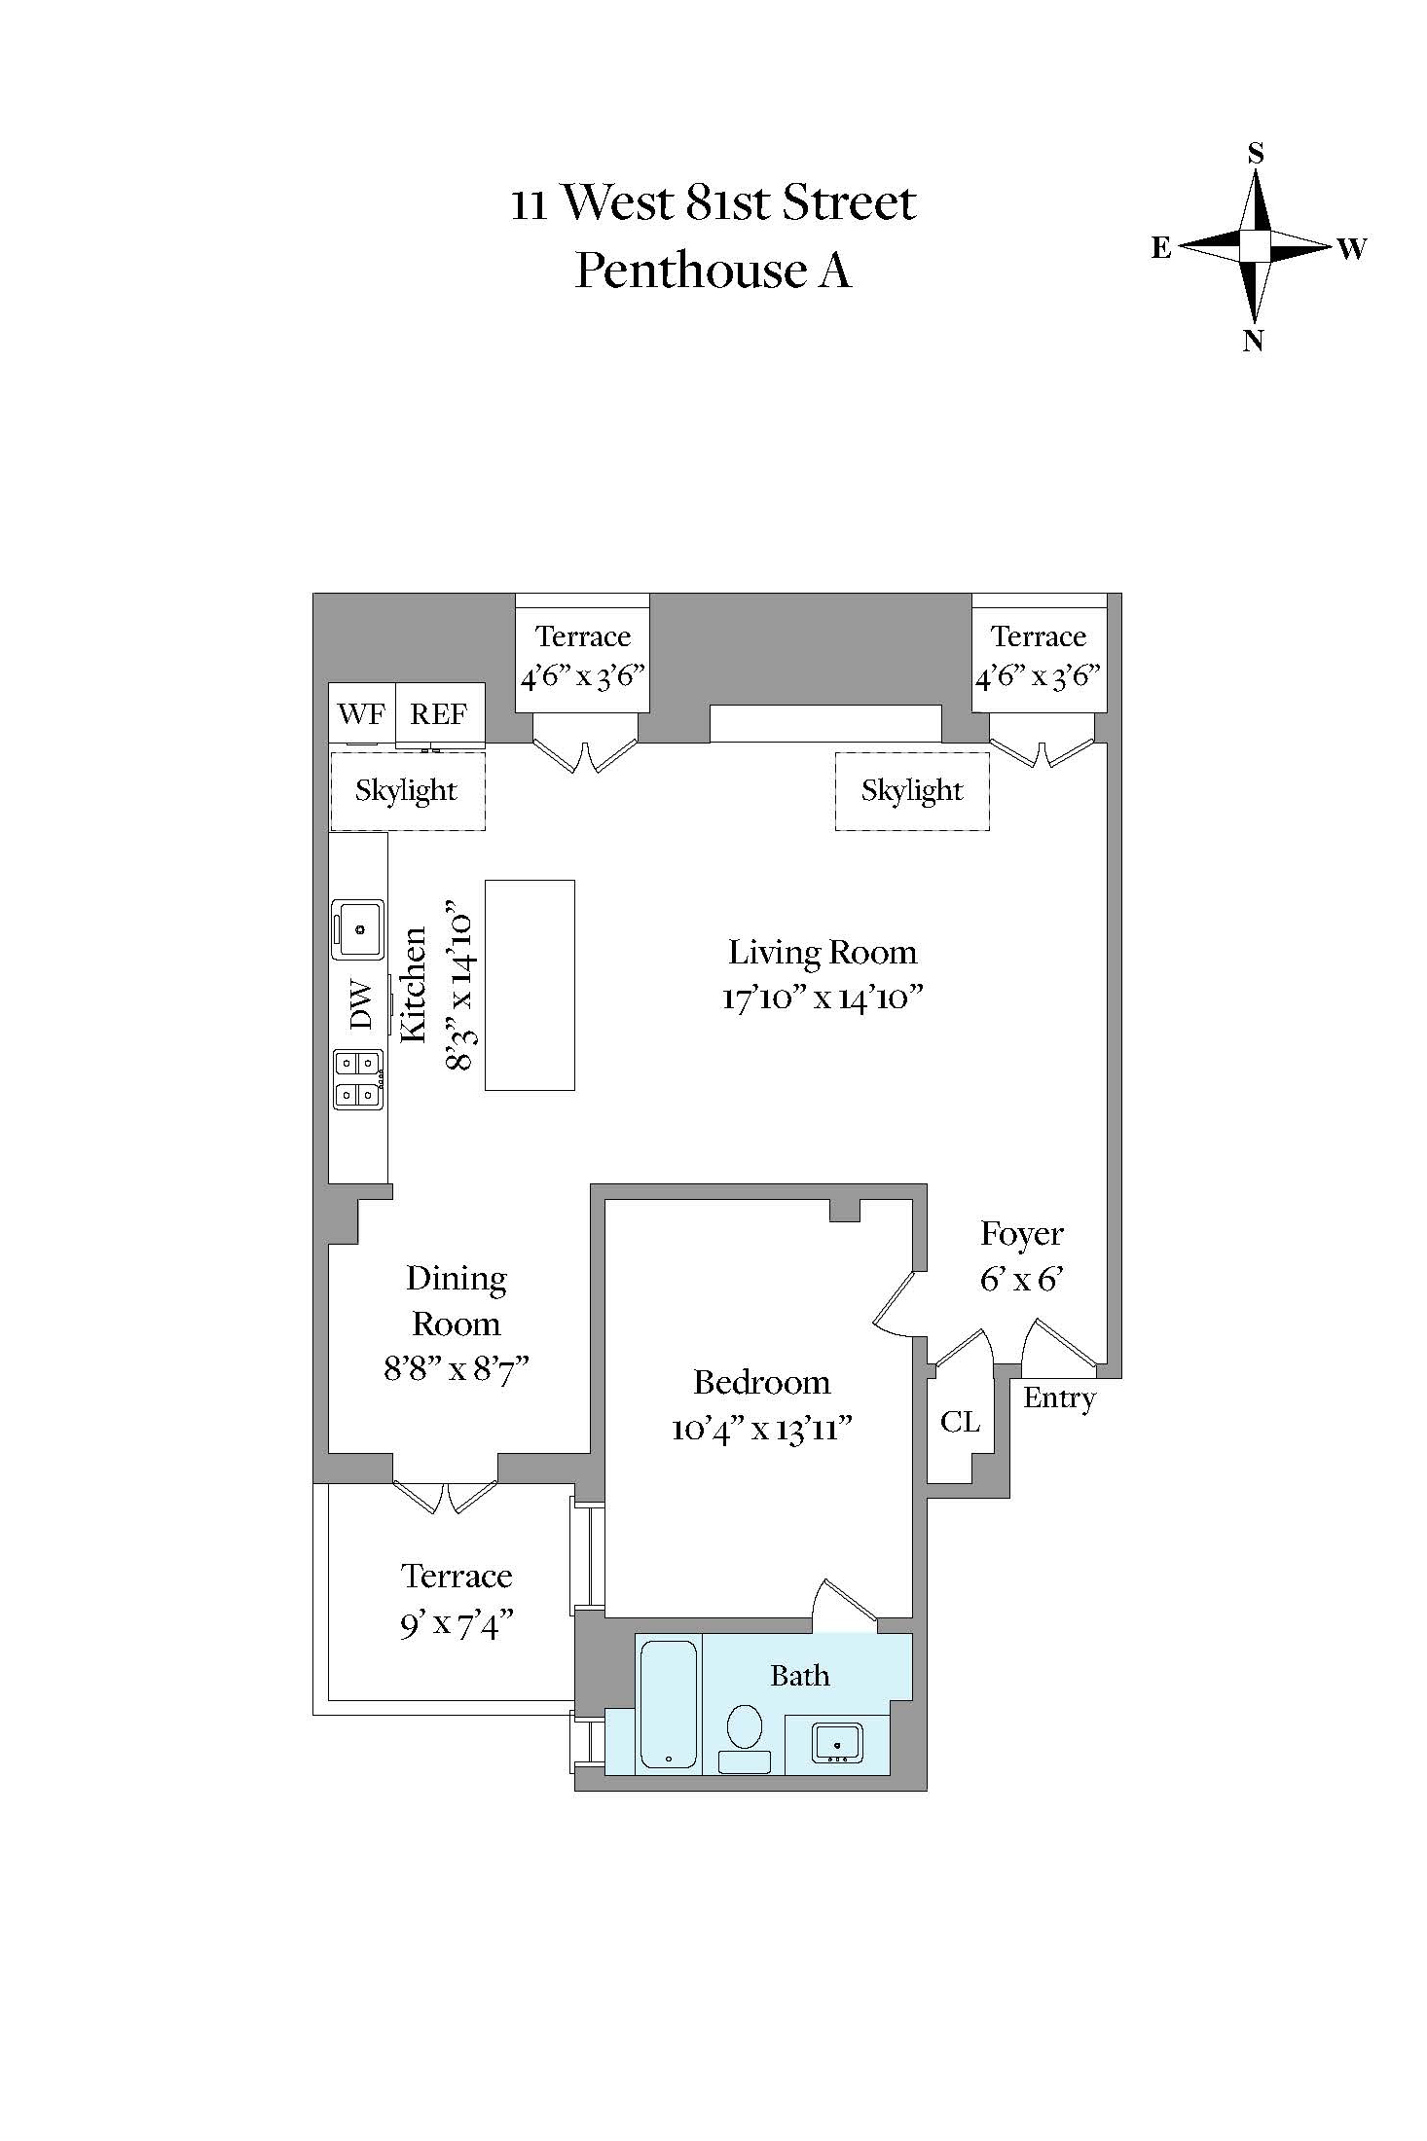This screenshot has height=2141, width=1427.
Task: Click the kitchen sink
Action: click(357, 929)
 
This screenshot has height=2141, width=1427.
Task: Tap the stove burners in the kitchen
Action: click(357, 1079)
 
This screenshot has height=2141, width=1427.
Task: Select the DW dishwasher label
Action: click(360, 1004)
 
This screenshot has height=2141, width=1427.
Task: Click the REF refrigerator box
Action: click(439, 714)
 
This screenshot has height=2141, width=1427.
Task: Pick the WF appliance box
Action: click(362, 714)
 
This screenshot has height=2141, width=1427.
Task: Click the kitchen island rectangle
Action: click(530, 985)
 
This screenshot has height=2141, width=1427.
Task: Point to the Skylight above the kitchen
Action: click(407, 790)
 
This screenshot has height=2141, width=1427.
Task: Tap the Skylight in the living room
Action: click(912, 790)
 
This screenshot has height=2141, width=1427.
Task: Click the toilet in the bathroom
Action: click(746, 1737)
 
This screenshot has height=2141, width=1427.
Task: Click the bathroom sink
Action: click(837, 1742)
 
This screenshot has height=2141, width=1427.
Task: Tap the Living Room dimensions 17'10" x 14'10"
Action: click(823, 998)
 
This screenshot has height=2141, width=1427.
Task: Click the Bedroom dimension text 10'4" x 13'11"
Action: click(762, 1429)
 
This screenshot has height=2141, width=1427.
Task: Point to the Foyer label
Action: click(1022, 1234)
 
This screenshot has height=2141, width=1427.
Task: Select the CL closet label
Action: click(961, 1422)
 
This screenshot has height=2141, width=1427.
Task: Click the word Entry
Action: click(1060, 1398)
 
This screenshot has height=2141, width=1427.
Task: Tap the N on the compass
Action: click(1254, 341)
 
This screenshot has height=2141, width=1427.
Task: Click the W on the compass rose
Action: click(1352, 249)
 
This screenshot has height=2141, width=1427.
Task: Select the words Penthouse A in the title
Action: click(713, 271)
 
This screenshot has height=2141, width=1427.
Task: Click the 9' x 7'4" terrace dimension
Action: click(457, 1624)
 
